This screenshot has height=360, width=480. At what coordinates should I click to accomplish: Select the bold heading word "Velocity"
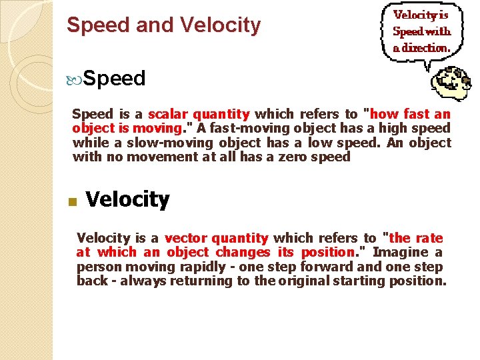tap(128, 199)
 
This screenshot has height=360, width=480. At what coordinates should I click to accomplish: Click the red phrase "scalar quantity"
tap(199, 114)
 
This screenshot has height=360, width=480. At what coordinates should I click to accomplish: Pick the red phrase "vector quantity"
tap(216, 238)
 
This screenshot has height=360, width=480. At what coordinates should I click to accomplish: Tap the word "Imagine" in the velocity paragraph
tap(401, 252)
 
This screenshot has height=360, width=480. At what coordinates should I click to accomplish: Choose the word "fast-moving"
tap(247, 128)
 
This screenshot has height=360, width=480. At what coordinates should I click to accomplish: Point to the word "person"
tap(97, 266)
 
